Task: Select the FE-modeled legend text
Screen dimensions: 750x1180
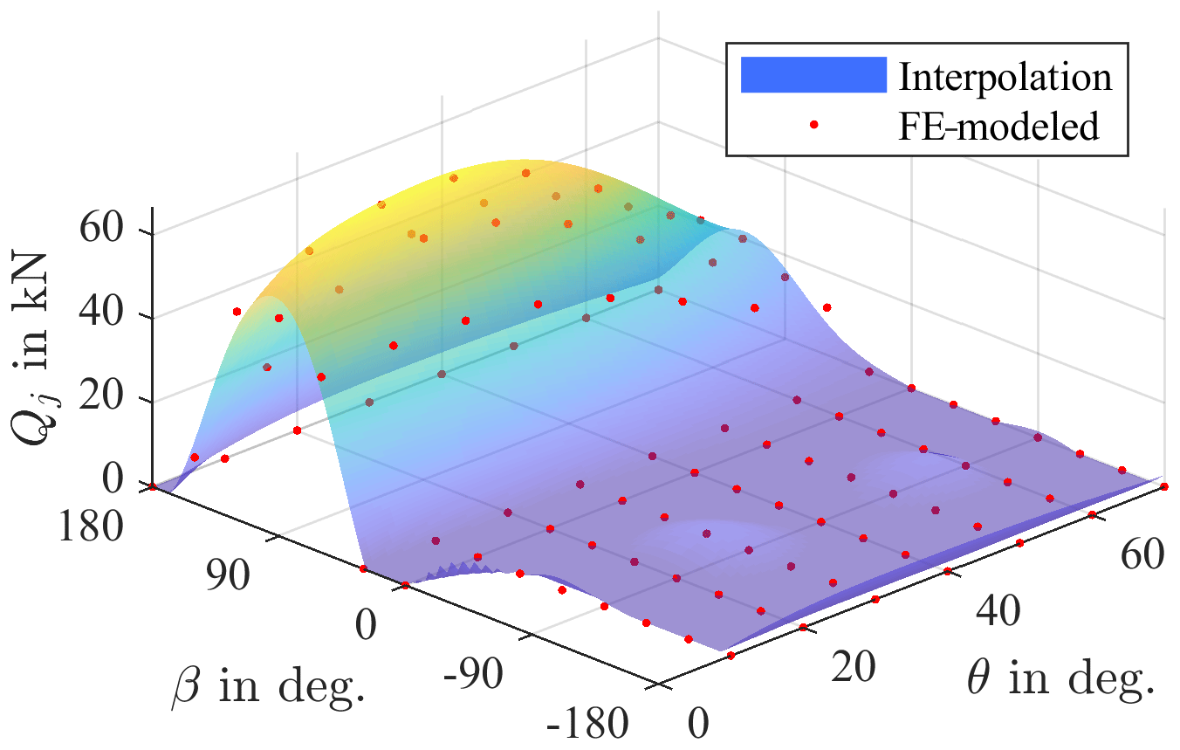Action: tap(998, 127)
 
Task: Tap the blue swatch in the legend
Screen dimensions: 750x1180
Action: tap(813, 75)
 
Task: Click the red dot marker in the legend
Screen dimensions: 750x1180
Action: tap(813, 126)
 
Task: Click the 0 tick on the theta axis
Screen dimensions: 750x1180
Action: tap(698, 725)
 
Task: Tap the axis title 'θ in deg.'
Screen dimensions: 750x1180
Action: tap(1060, 678)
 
